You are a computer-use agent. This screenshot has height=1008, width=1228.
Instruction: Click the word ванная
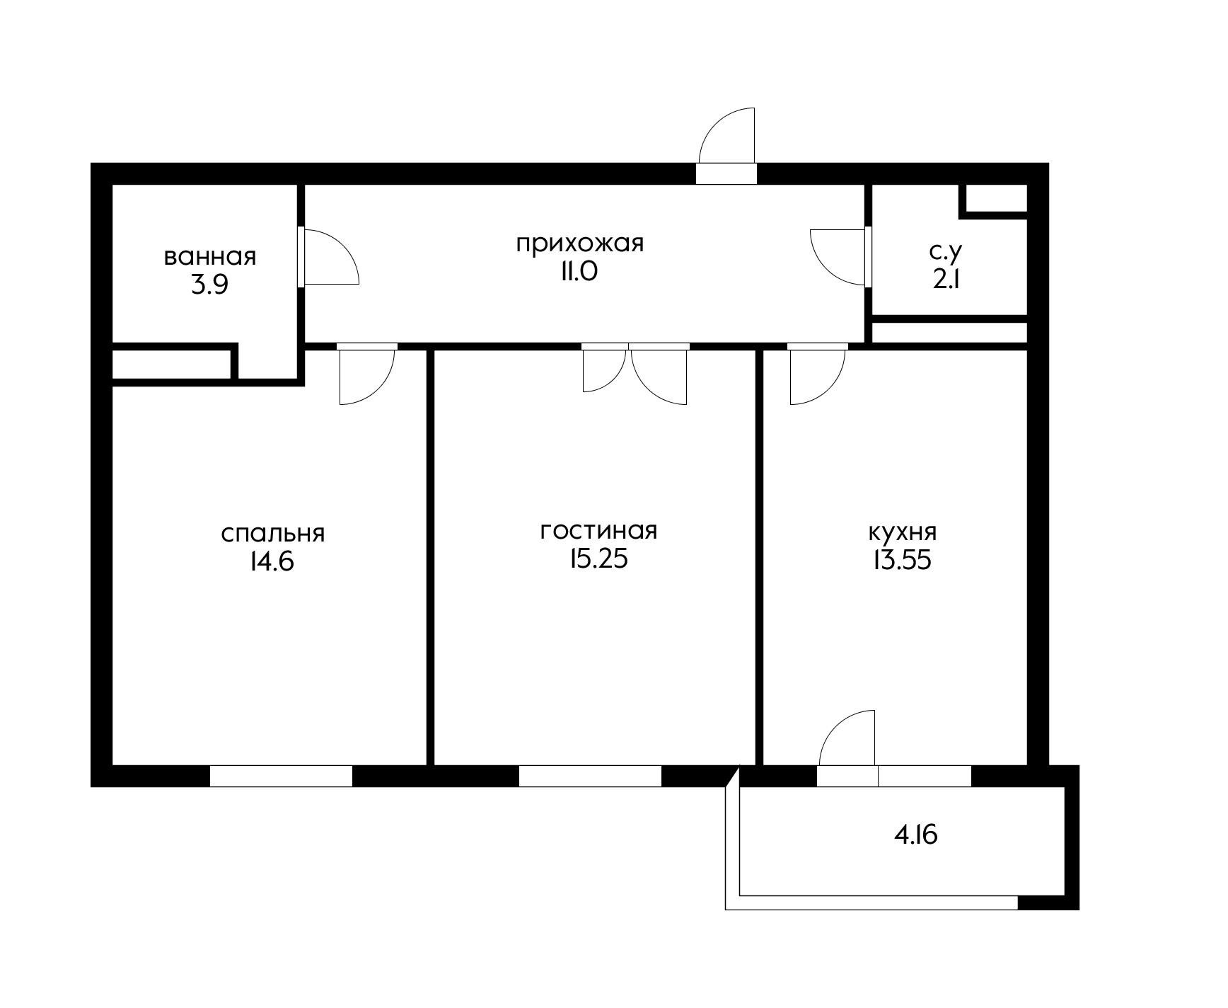209,256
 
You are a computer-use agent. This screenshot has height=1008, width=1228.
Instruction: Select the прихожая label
579,244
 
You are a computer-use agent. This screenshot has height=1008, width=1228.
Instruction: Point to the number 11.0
579,271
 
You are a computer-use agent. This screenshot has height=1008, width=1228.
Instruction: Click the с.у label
946,252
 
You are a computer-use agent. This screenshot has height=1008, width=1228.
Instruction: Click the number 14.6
271,561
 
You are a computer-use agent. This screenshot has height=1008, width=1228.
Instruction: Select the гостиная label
598,530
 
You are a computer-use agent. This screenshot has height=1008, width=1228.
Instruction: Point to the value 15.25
598,559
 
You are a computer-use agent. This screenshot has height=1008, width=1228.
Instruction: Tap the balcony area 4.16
916,835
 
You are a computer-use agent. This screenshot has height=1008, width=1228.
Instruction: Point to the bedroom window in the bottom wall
281,776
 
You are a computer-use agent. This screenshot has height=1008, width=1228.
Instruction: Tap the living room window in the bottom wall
590,776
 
